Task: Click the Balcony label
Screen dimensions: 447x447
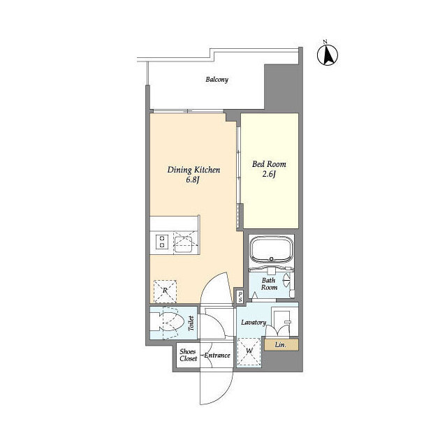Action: (217, 79)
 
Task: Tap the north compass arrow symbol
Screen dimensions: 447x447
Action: (328, 54)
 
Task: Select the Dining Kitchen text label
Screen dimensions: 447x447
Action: (193, 170)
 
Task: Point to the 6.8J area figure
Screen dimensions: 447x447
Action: (193, 180)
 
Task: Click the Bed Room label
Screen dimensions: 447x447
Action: (269, 164)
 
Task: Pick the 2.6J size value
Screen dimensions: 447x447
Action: (269, 174)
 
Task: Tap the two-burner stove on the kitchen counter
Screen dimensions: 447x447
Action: (161, 242)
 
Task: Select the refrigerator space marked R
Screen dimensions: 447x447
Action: (165, 291)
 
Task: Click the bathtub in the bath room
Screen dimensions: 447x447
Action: (271, 250)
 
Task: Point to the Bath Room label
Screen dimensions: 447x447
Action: (269, 284)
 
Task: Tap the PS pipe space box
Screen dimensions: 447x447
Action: (240, 296)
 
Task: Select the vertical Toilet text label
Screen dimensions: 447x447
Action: (191, 323)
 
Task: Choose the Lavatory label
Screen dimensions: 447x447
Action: (254, 323)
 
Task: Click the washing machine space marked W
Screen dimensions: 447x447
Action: (249, 352)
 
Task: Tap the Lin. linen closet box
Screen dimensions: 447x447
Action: (281, 345)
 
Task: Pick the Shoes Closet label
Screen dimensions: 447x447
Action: (188, 356)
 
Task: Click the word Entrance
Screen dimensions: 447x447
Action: (217, 356)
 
